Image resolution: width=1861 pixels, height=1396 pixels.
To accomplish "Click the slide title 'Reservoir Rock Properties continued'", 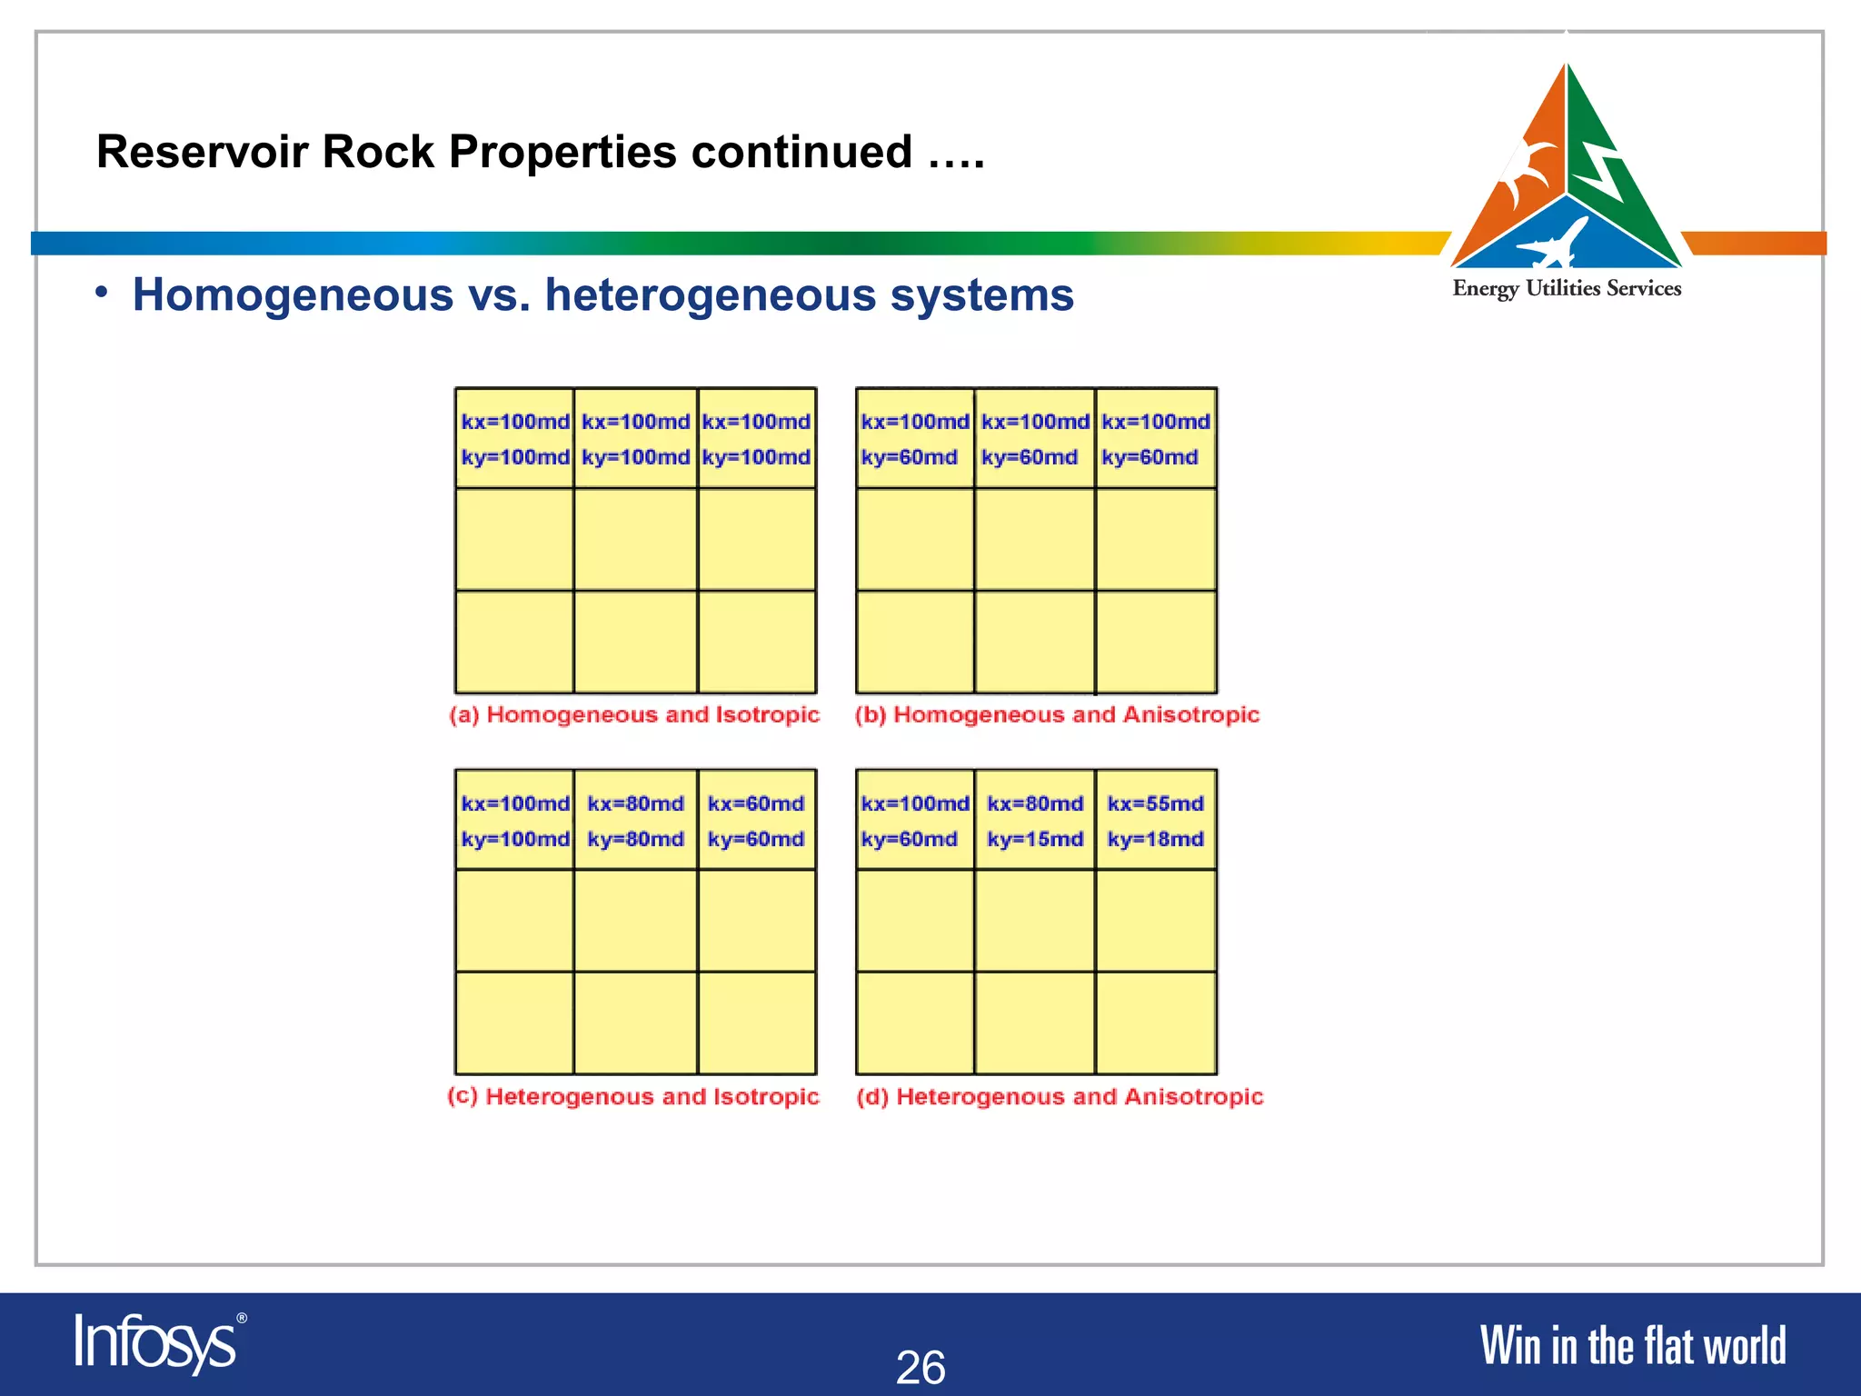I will click(540, 152).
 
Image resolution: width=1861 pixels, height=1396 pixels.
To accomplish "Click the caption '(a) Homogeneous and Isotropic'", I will click(634, 715).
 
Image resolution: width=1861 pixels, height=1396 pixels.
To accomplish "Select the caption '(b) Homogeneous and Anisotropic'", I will click(1057, 715).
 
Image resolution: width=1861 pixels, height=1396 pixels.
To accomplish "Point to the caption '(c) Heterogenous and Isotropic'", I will click(633, 1097).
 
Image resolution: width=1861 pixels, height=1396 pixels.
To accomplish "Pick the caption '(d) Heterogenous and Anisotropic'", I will click(1060, 1097).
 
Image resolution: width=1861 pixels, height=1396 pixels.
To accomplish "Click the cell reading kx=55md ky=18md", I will click(1155, 821).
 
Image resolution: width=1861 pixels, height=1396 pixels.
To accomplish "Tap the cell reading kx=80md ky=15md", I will click(1035, 821).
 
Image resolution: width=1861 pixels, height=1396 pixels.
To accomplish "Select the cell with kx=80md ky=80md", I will click(635, 821).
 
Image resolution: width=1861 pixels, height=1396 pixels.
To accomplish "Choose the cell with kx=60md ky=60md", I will click(756, 821).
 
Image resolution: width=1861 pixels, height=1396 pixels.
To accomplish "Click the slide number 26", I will click(921, 1367).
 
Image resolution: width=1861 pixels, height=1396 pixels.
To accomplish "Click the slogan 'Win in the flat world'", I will click(1633, 1346).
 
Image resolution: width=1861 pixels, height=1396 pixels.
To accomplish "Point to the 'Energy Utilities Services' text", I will click(1567, 289).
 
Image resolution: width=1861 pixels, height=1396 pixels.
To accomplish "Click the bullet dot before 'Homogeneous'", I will click(103, 293).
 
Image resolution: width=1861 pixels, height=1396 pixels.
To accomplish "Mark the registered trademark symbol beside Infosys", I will click(242, 1318).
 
